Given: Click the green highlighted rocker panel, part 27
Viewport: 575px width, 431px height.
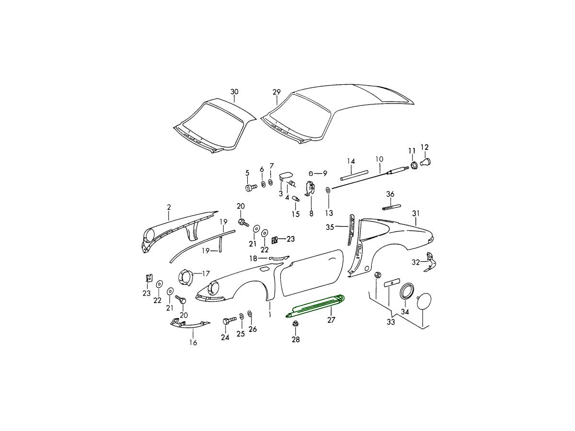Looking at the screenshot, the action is click(x=314, y=306).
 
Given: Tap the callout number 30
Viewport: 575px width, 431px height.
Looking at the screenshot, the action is click(x=234, y=92).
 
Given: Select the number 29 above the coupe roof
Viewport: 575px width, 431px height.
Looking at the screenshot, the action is click(x=276, y=92).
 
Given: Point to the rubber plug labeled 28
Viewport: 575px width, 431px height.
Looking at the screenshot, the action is click(x=296, y=324).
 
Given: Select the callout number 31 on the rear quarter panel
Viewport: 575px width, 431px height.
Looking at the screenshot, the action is click(x=416, y=214).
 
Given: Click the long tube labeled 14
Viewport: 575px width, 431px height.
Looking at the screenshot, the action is click(x=354, y=175).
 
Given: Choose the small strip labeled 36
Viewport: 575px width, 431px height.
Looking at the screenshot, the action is click(x=391, y=207).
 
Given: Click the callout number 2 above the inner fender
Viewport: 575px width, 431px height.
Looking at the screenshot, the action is click(x=169, y=207).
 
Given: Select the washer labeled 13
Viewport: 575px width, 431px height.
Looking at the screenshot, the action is click(x=328, y=189).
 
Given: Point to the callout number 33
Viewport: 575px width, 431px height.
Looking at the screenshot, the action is click(x=391, y=322).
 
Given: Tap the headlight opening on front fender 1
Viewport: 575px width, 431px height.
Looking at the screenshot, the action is click(x=214, y=289).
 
